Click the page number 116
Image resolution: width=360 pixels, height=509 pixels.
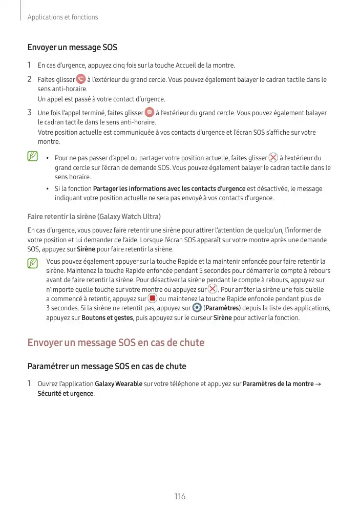[x=179, y=496]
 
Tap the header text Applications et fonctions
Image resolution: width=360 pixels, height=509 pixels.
[x=63, y=17]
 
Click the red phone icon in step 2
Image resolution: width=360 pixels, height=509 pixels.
[x=81, y=79]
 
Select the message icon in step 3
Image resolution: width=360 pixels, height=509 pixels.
[x=149, y=112]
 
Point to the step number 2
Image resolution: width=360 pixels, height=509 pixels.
[x=30, y=79]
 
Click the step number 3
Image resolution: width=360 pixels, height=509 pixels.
[x=30, y=112]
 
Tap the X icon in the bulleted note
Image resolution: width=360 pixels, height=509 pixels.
[x=273, y=158]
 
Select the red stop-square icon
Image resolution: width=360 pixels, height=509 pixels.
[x=153, y=299]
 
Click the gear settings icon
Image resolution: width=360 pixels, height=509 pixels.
[x=197, y=308]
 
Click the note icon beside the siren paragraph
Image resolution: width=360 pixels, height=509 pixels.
[x=33, y=263]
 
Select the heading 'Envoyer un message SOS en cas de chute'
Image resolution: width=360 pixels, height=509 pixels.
[x=116, y=342]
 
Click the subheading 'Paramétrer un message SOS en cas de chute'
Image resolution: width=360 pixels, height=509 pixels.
[x=107, y=366]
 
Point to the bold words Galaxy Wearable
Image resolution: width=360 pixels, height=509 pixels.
[x=119, y=384]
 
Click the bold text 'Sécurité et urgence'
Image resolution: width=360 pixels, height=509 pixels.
[x=66, y=393]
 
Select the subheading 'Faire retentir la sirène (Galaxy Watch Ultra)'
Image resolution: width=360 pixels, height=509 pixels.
[x=94, y=217]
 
